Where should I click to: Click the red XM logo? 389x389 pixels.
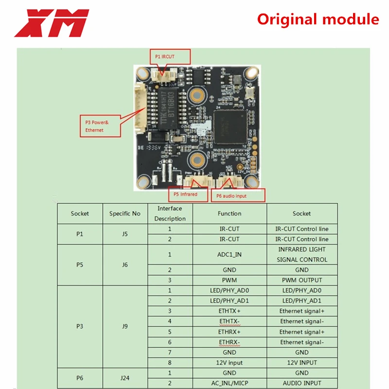[x=52, y=23]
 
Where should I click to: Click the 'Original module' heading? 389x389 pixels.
[x=318, y=19]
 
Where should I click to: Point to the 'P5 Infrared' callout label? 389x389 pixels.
[x=185, y=194]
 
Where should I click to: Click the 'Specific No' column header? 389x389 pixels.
[x=124, y=213]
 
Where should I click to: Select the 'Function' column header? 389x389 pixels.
[x=230, y=213]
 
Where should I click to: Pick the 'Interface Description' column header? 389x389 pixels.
[x=170, y=213]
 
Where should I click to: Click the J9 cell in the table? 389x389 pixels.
[x=124, y=327]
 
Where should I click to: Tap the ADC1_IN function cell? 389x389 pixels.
[x=230, y=254]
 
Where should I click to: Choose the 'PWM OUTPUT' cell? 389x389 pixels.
[x=301, y=280]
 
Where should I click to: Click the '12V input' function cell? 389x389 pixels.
[x=230, y=363]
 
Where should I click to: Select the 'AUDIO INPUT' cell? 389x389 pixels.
[x=301, y=383]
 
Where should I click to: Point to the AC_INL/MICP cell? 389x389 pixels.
[x=230, y=383]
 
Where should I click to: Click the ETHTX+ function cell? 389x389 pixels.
[x=230, y=311]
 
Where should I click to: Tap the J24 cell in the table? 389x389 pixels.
[x=124, y=378]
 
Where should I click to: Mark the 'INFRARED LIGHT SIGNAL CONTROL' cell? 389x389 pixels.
[x=301, y=254]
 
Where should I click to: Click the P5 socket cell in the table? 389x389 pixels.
[x=80, y=265]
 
